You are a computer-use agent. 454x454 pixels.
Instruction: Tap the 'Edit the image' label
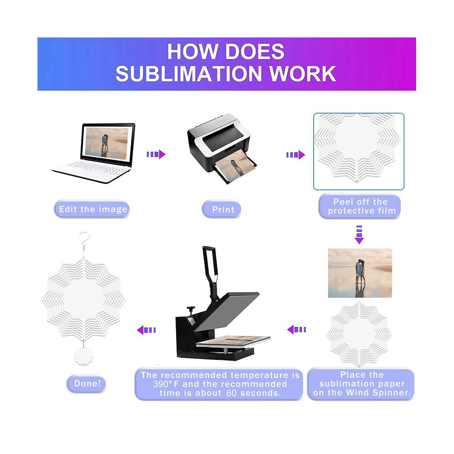[93, 209]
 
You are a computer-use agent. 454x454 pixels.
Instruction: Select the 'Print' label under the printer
[223, 209]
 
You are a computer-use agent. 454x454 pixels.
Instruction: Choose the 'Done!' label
[87, 383]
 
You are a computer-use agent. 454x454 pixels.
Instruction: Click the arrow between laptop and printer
[156, 154]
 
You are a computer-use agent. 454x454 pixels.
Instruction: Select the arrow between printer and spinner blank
[295, 154]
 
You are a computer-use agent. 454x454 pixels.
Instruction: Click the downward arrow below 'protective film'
[359, 235]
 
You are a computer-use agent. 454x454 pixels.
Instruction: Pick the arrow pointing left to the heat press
[297, 330]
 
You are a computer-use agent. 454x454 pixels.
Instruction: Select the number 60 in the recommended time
[231, 393]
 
